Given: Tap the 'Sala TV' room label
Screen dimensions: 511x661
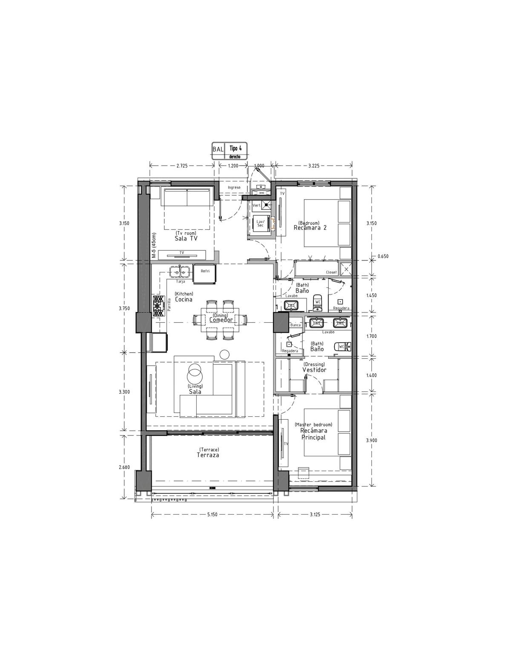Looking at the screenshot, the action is [x=186, y=238].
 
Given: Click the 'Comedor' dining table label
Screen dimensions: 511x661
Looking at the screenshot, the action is [x=221, y=320].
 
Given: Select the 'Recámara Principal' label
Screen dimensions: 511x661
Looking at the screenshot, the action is [x=313, y=434].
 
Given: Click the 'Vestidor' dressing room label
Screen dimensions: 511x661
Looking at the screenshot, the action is [x=314, y=370].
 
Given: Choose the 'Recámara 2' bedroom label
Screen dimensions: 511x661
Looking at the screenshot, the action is [x=310, y=228].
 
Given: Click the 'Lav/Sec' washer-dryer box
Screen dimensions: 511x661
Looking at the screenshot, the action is [x=260, y=223].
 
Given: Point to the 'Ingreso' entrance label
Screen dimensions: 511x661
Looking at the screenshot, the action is [x=234, y=187].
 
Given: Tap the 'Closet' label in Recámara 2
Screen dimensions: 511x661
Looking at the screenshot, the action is [x=331, y=272].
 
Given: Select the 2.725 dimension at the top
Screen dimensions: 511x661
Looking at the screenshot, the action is [x=182, y=166].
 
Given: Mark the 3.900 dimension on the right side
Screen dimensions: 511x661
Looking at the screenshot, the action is [x=372, y=440].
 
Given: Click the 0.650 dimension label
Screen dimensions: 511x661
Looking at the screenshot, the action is [x=383, y=256].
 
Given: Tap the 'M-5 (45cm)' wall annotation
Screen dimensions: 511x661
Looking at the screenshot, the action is [x=154, y=246].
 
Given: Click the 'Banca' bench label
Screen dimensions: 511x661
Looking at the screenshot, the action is [x=295, y=325].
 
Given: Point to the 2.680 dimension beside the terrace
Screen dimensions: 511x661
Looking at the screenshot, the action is [x=124, y=467].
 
